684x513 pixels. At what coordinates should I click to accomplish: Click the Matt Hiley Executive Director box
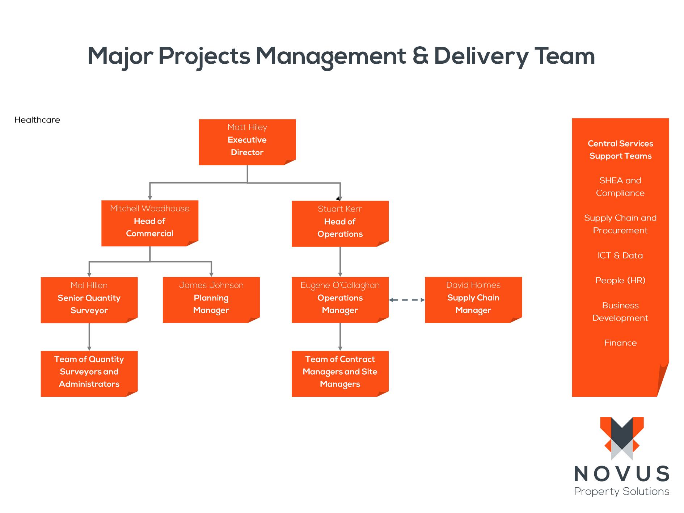[247, 142]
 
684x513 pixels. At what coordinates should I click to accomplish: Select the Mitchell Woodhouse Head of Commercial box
[149, 223]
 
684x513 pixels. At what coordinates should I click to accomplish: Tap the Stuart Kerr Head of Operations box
[340, 224]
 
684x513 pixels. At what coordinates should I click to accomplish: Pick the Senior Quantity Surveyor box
[89, 300]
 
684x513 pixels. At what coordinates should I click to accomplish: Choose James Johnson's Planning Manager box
[211, 300]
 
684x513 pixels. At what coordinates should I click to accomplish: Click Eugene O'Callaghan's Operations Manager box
[340, 300]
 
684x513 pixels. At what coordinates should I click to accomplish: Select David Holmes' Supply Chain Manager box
[473, 300]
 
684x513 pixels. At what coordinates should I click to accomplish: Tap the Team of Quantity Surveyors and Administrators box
[89, 373]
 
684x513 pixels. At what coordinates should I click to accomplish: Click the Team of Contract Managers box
[340, 373]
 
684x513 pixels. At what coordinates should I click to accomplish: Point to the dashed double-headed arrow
[407, 300]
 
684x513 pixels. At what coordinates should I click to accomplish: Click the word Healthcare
[37, 120]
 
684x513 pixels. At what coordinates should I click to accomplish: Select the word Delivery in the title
[481, 56]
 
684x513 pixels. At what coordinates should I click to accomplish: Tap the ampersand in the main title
[420, 56]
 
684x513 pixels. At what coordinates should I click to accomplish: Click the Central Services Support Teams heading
[620, 150]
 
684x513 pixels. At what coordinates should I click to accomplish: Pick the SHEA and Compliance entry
[620, 186]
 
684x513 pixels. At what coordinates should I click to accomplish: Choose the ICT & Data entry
[620, 256]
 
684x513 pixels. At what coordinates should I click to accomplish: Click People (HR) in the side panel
[620, 281]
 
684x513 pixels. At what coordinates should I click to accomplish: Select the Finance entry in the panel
[620, 343]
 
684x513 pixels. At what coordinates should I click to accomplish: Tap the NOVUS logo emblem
[622, 438]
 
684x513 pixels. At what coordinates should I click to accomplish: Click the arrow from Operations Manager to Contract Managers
[340, 337]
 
